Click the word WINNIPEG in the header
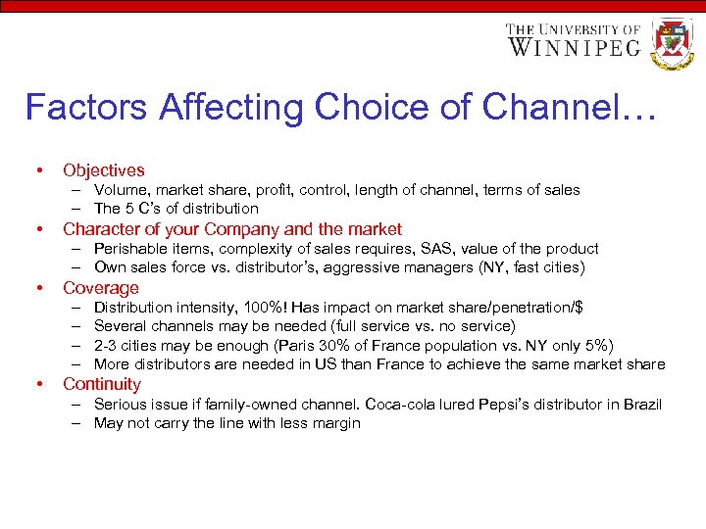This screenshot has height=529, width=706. [574, 46]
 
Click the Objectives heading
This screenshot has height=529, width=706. [103, 170]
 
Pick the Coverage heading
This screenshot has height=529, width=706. [101, 288]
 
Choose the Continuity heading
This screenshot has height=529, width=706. [102, 384]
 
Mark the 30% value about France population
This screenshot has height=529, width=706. [340, 346]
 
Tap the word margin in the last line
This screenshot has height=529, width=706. [337, 423]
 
